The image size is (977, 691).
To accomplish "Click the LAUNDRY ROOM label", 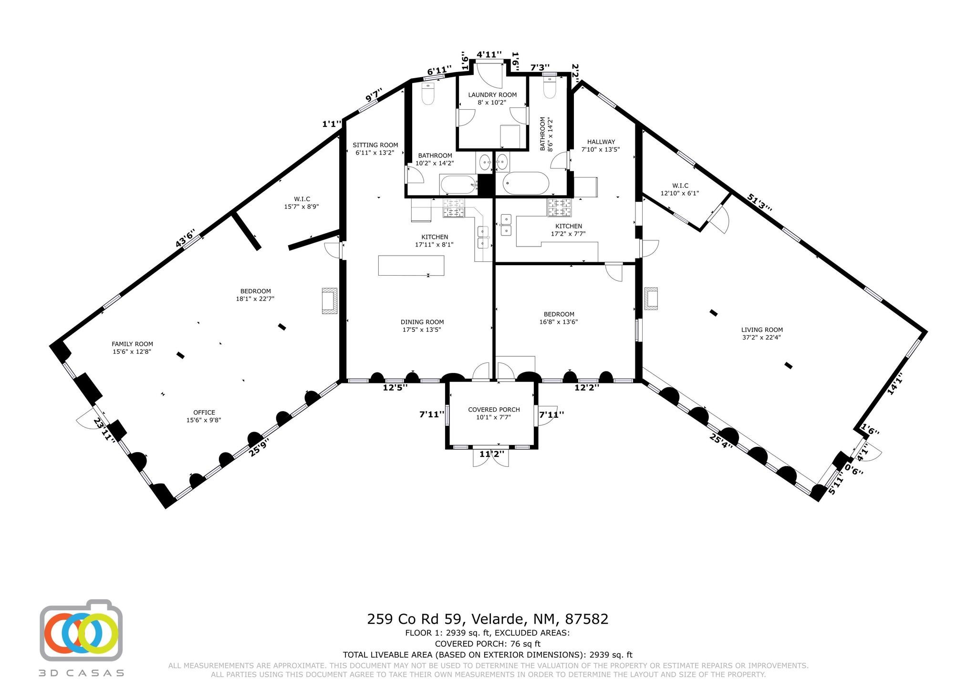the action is (492, 95).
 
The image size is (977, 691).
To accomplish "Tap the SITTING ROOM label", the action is (375, 145).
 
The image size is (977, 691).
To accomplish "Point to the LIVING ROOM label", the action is (762, 330).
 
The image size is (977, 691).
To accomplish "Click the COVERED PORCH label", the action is (494, 410).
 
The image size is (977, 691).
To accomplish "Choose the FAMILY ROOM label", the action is (132, 344).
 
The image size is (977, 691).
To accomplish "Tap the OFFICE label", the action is (204, 413).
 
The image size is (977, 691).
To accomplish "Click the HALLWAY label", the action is (601, 142).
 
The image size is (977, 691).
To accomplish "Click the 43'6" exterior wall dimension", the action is (186, 239).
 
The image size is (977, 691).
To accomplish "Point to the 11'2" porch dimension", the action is (491, 454).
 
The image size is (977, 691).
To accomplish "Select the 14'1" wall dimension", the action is (895, 384).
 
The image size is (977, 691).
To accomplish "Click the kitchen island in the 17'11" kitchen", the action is (411, 265).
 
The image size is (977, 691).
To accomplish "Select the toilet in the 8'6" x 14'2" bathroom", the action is (550, 89).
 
